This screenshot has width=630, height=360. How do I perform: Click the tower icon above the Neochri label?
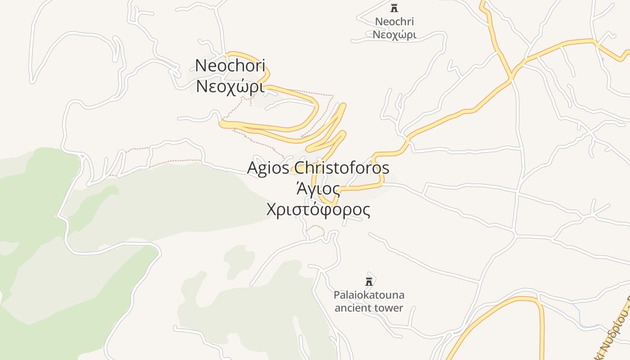(x=395, y=8)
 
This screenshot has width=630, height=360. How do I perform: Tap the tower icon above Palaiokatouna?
(x=369, y=282)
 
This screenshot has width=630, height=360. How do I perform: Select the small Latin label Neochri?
(x=394, y=22)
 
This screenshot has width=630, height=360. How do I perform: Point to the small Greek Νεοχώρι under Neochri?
(x=394, y=35)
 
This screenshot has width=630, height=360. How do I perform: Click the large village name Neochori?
(x=230, y=66)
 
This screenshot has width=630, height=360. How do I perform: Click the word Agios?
(x=268, y=168)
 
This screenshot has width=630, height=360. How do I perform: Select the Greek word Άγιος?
(x=318, y=189)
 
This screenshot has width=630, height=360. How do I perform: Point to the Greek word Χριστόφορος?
(x=318, y=210)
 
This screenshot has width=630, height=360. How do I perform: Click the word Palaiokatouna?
(x=369, y=295)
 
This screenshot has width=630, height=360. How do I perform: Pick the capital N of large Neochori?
(x=201, y=66)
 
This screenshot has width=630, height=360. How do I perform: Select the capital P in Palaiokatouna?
(x=336, y=295)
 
